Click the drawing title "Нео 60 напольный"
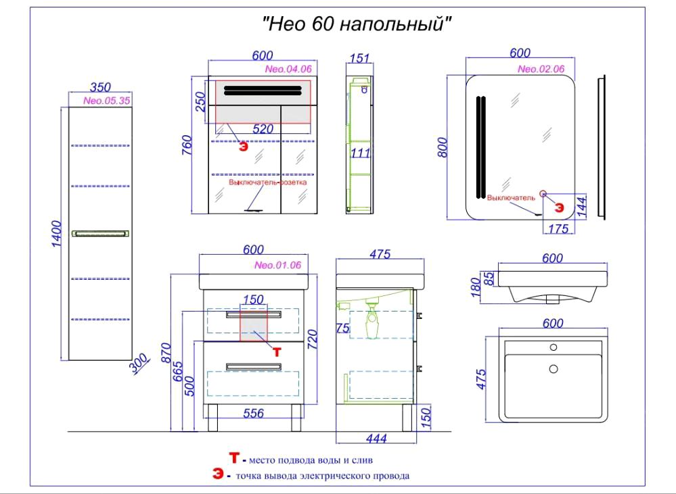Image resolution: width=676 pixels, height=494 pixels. pos(357,24)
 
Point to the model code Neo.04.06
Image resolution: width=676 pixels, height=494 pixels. pos(288,69)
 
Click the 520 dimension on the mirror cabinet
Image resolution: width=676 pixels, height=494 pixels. pos(263,129)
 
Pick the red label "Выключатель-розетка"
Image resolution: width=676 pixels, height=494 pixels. pos(268,182)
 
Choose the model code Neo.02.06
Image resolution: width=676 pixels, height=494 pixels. pos(541,69)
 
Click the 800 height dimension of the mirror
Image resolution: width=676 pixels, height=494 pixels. pos(443,147)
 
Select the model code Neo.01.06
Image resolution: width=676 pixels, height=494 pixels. pos(277,265)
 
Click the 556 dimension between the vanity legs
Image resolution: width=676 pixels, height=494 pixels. pos(253,414)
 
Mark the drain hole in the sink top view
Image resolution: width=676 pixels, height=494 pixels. pos(554,368)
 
